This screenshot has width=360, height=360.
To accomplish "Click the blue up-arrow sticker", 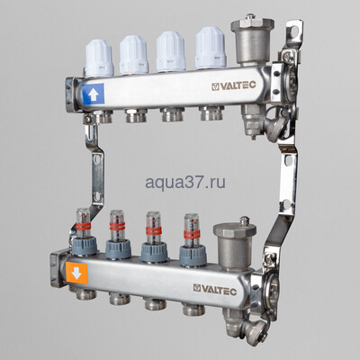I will (x=93, y=92).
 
